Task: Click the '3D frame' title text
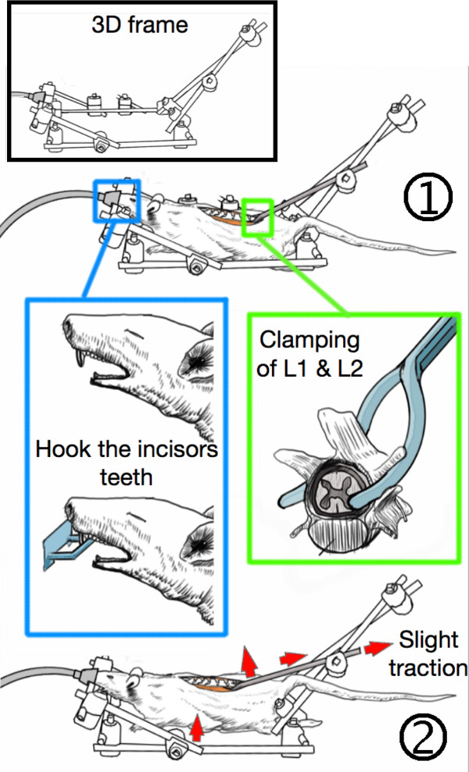pos(139,24)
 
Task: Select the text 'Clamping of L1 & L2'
pos(310,354)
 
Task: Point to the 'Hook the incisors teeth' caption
pos(127,463)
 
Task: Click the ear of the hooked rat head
pos(198,541)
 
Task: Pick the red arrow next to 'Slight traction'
pos(377,648)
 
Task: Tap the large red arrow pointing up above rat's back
pos(250,662)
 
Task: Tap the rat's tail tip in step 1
pos(453,253)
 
